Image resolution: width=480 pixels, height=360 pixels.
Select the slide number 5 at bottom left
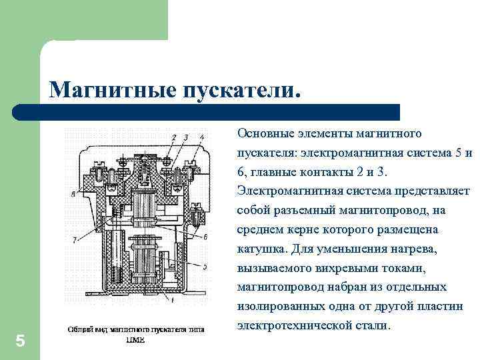(20, 341)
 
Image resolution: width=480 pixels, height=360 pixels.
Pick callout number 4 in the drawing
(202, 137)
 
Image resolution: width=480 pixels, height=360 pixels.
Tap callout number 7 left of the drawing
(75, 239)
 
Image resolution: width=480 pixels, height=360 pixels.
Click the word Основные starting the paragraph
(263, 134)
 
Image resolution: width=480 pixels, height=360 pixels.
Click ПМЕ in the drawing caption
(135, 339)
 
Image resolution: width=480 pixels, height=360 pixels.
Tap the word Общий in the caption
(79, 329)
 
